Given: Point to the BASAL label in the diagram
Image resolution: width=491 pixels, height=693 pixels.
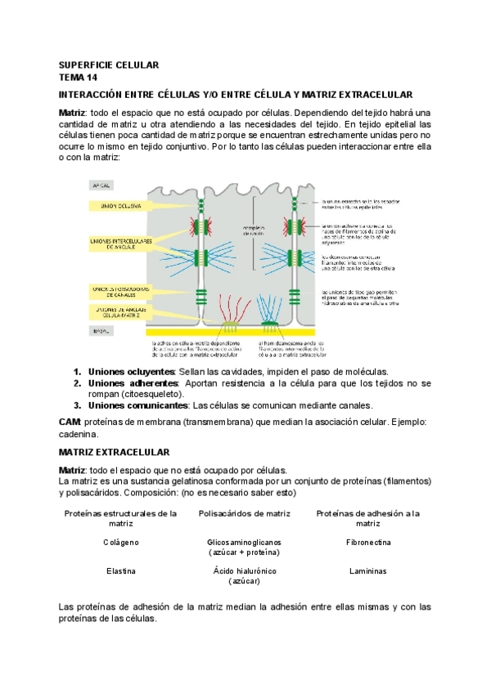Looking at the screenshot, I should pyautogui.click(x=101, y=331).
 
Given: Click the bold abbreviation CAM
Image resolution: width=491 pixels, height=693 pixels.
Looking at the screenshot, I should pyautogui.click(x=70, y=422).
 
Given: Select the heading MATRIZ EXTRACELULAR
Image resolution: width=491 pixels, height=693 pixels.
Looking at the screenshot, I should pyautogui.click(x=115, y=452).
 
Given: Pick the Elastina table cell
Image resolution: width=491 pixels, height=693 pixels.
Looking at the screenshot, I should pyautogui.click(x=121, y=571).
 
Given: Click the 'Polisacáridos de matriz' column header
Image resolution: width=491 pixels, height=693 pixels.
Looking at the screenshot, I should pyautogui.click(x=243, y=513).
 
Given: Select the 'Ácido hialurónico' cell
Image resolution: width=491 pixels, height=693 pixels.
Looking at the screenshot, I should pyautogui.click(x=243, y=571).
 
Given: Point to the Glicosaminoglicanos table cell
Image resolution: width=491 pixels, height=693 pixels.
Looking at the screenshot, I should pyautogui.click(x=243, y=542).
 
